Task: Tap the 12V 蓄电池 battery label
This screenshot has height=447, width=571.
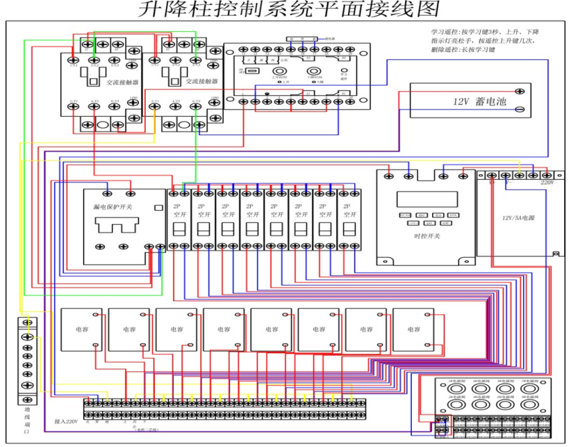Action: click(x=480, y=101)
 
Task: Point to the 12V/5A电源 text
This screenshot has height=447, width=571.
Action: click(x=517, y=217)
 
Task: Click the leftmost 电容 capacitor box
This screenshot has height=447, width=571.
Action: click(x=82, y=330)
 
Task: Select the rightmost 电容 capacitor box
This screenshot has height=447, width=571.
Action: click(x=413, y=330)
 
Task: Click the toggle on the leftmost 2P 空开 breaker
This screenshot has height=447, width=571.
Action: click(x=179, y=229)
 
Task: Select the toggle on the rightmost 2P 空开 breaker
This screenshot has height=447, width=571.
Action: click(x=349, y=229)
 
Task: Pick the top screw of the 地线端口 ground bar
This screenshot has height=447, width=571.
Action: click(x=28, y=323)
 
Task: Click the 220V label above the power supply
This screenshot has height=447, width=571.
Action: click(x=547, y=182)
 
